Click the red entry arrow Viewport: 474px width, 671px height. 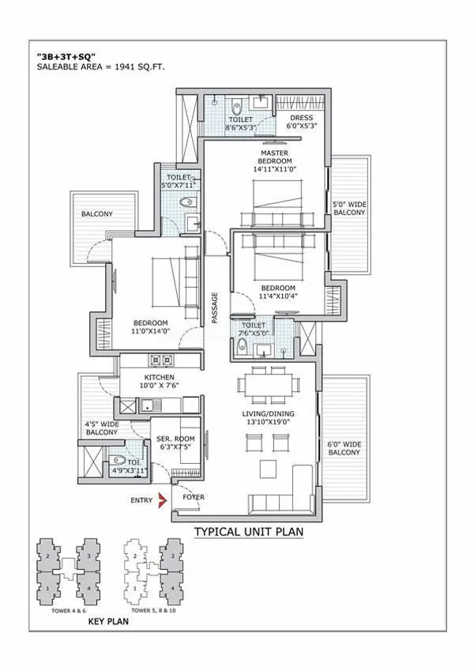(x=163, y=499)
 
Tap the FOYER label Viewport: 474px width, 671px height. (x=194, y=498)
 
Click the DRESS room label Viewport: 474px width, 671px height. (x=302, y=119)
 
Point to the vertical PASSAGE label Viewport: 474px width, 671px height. (x=214, y=308)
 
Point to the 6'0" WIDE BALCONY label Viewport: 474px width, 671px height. (x=344, y=448)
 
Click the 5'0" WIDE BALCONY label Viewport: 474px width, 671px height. (x=349, y=208)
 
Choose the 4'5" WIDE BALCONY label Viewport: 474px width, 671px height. (x=101, y=428)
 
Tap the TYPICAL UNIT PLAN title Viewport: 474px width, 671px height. (x=249, y=533)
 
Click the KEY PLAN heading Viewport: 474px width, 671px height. (x=108, y=622)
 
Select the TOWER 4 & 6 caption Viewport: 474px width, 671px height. (x=67, y=610)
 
